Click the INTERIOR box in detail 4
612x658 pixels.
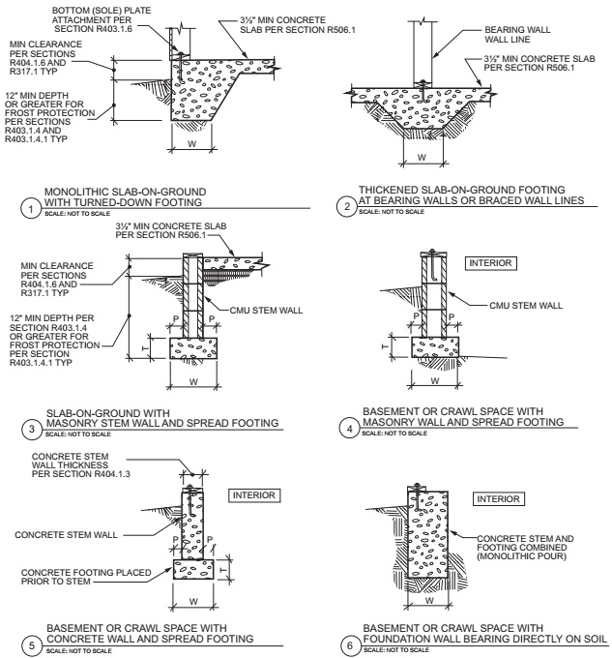pos(491,261)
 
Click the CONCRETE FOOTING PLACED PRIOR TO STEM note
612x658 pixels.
pos(93,576)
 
